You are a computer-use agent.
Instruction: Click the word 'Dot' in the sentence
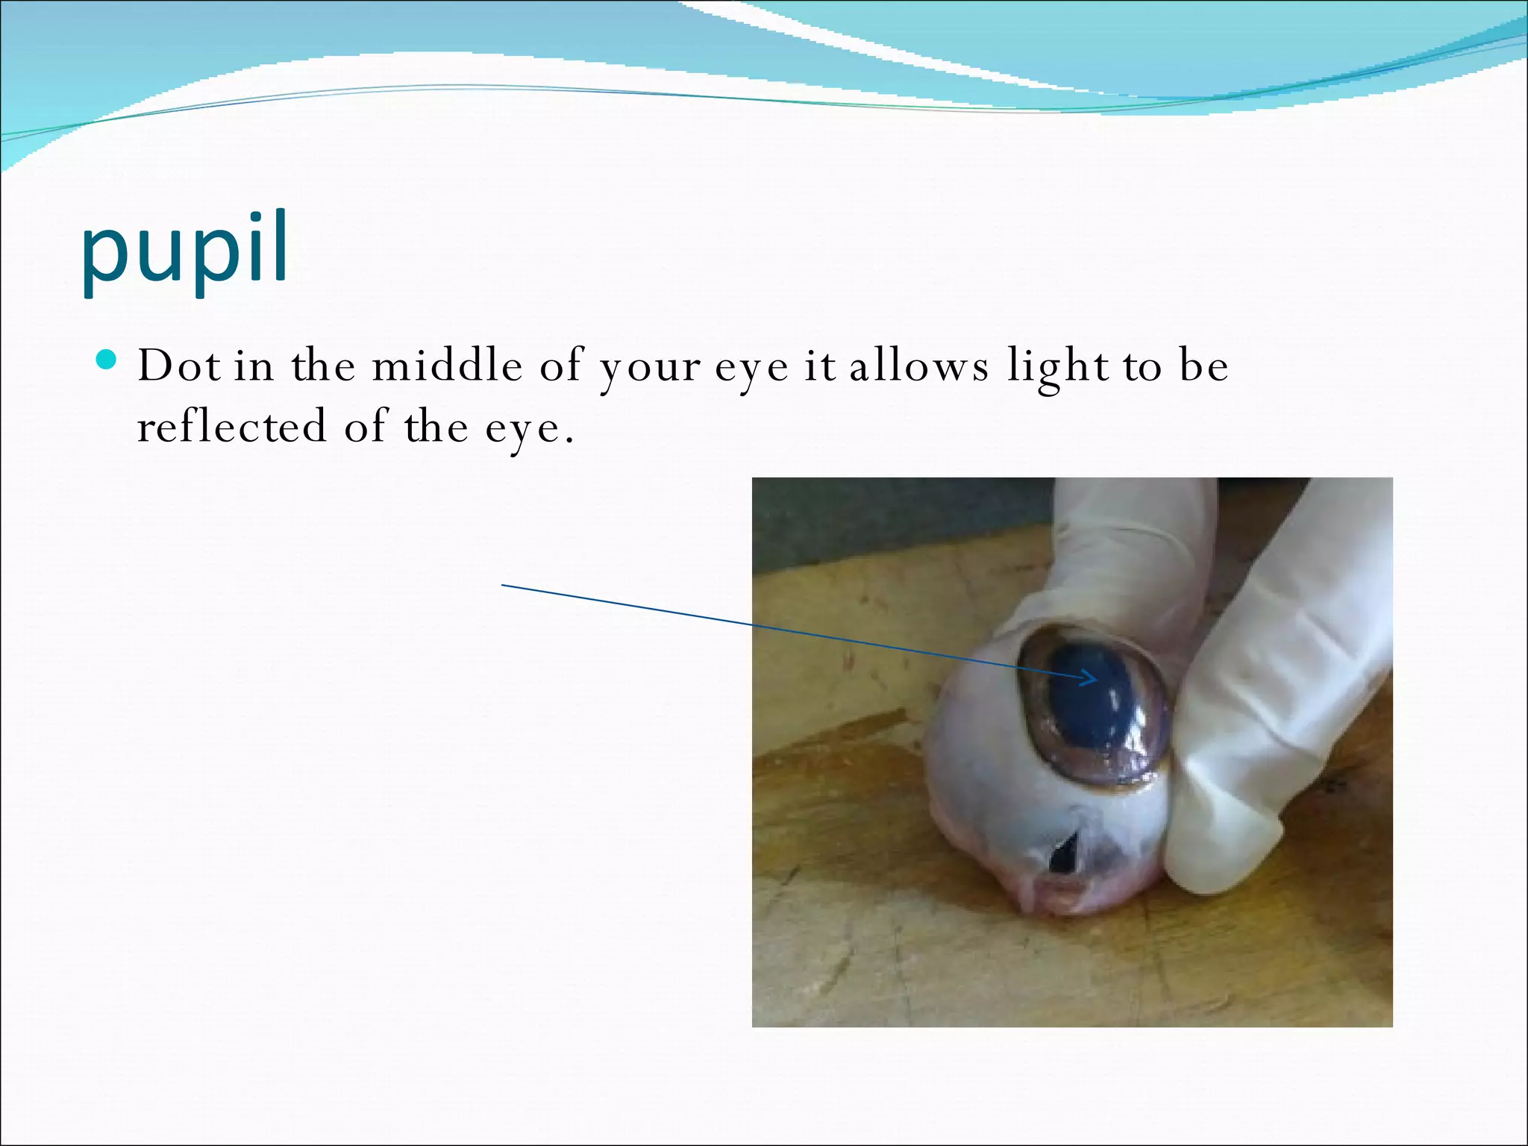[x=179, y=366]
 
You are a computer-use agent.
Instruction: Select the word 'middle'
[x=448, y=366]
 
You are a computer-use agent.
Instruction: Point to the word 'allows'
[x=919, y=366]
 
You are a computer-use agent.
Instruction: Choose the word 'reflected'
[x=232, y=427]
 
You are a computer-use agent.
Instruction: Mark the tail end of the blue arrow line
[x=504, y=586]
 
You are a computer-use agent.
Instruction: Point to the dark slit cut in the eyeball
[x=1063, y=854]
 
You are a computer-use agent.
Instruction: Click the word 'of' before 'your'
[x=560, y=366]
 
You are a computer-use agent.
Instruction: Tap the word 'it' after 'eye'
[x=819, y=366]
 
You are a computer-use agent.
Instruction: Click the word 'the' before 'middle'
[x=323, y=366]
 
